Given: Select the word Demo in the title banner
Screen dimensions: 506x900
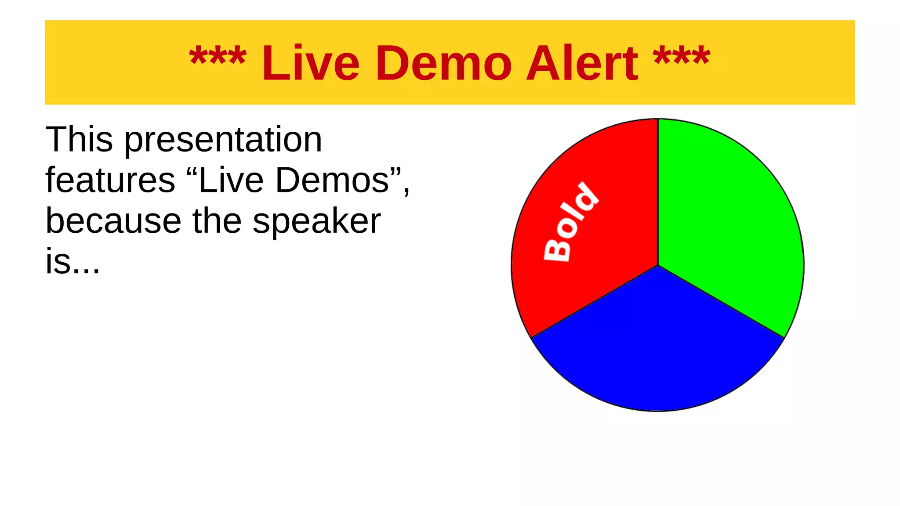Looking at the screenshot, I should tap(443, 64).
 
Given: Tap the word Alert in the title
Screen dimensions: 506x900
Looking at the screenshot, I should tap(581, 64).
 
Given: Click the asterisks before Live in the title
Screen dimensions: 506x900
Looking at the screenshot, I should tap(218, 57).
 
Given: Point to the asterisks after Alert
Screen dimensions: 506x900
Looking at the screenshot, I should tap(681, 57).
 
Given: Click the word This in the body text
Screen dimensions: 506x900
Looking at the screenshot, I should tap(79, 140).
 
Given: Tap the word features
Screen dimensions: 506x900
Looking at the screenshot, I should tap(110, 180).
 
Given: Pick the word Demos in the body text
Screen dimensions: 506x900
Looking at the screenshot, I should tap(332, 180).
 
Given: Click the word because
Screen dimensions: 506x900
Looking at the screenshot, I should tap(113, 221).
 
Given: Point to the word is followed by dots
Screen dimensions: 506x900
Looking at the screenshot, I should tap(73, 262).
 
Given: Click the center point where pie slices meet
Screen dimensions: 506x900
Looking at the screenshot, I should tap(658, 265).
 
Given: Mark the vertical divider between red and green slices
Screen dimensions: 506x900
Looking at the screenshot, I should tap(658, 193).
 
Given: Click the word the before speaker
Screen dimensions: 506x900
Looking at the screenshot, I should tap(217, 221).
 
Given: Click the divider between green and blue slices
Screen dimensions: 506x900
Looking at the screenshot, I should tap(721, 301).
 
